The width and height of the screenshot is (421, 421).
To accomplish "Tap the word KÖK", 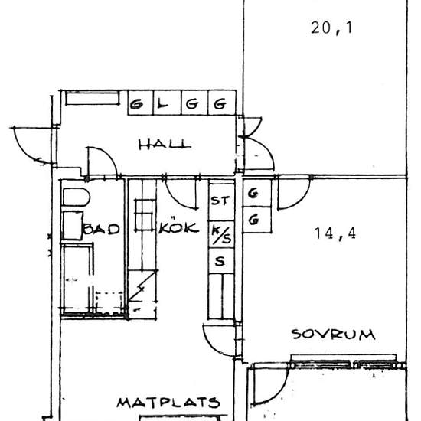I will click(x=180, y=227).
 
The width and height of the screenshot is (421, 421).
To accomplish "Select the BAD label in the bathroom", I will click(x=103, y=228).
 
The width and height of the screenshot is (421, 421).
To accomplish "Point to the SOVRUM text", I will click(x=332, y=334).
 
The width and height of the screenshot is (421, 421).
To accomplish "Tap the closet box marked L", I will click(x=163, y=103).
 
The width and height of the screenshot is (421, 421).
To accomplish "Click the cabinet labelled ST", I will click(x=220, y=201).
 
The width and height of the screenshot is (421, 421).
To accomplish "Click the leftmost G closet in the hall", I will click(x=138, y=103).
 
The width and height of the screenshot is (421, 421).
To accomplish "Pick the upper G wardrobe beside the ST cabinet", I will click(x=253, y=194).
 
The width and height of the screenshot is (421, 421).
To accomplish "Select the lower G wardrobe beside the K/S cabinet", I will click(x=253, y=221).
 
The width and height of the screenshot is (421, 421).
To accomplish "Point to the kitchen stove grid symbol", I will click(x=145, y=214).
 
